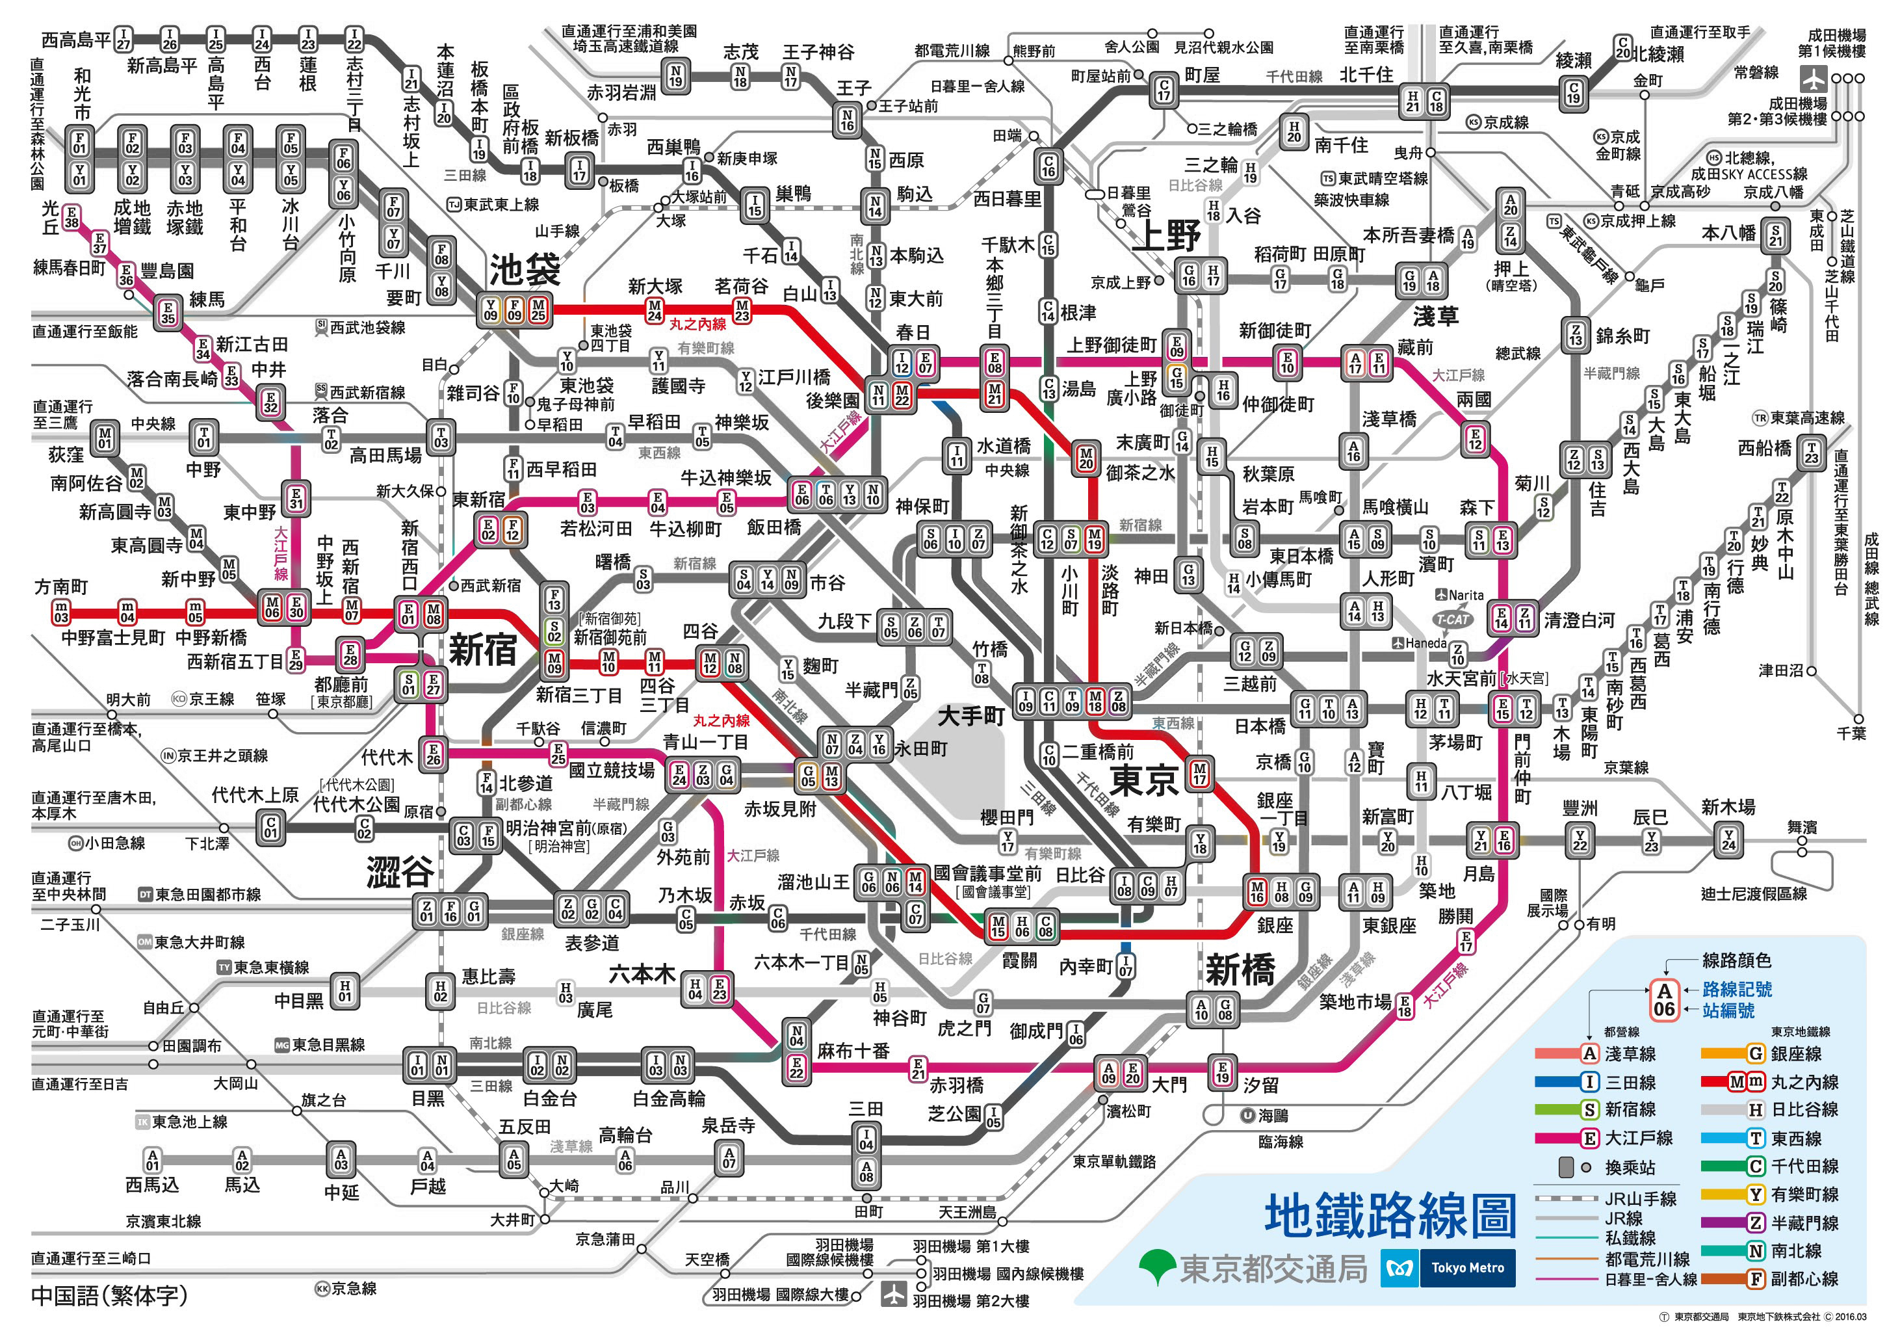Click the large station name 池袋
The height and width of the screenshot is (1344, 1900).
(525, 269)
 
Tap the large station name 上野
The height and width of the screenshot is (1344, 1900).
(1166, 237)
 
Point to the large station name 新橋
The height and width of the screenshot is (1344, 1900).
(1240, 969)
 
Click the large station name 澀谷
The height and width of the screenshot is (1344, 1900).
(400, 871)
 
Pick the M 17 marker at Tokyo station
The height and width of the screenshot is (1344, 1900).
(1199, 773)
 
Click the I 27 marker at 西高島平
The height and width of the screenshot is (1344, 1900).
(122, 39)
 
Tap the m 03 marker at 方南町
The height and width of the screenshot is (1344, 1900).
(61, 613)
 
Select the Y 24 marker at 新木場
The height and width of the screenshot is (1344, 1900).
(1728, 841)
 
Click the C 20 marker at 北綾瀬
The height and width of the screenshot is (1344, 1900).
(1623, 48)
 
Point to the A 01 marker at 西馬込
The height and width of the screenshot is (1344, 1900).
(152, 1159)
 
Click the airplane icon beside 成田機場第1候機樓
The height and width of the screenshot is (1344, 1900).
(1813, 79)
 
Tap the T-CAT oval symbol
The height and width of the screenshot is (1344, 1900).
(1452, 619)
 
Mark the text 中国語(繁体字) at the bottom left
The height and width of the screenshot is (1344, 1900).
(109, 1295)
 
